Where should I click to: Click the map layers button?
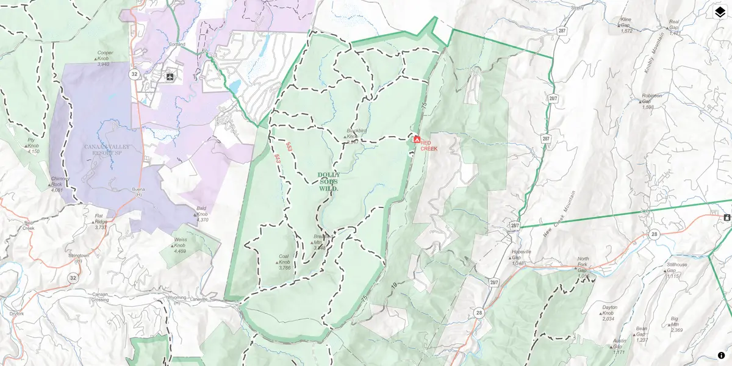tap(720, 12)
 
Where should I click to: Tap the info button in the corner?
tap(721, 355)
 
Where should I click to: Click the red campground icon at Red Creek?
tap(417, 140)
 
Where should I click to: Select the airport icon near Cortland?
tap(170, 77)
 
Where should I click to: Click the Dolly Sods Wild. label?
tap(328, 182)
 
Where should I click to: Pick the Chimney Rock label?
tap(57, 184)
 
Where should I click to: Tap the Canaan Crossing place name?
tap(99, 296)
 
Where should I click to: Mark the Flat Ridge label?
tap(101, 221)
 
